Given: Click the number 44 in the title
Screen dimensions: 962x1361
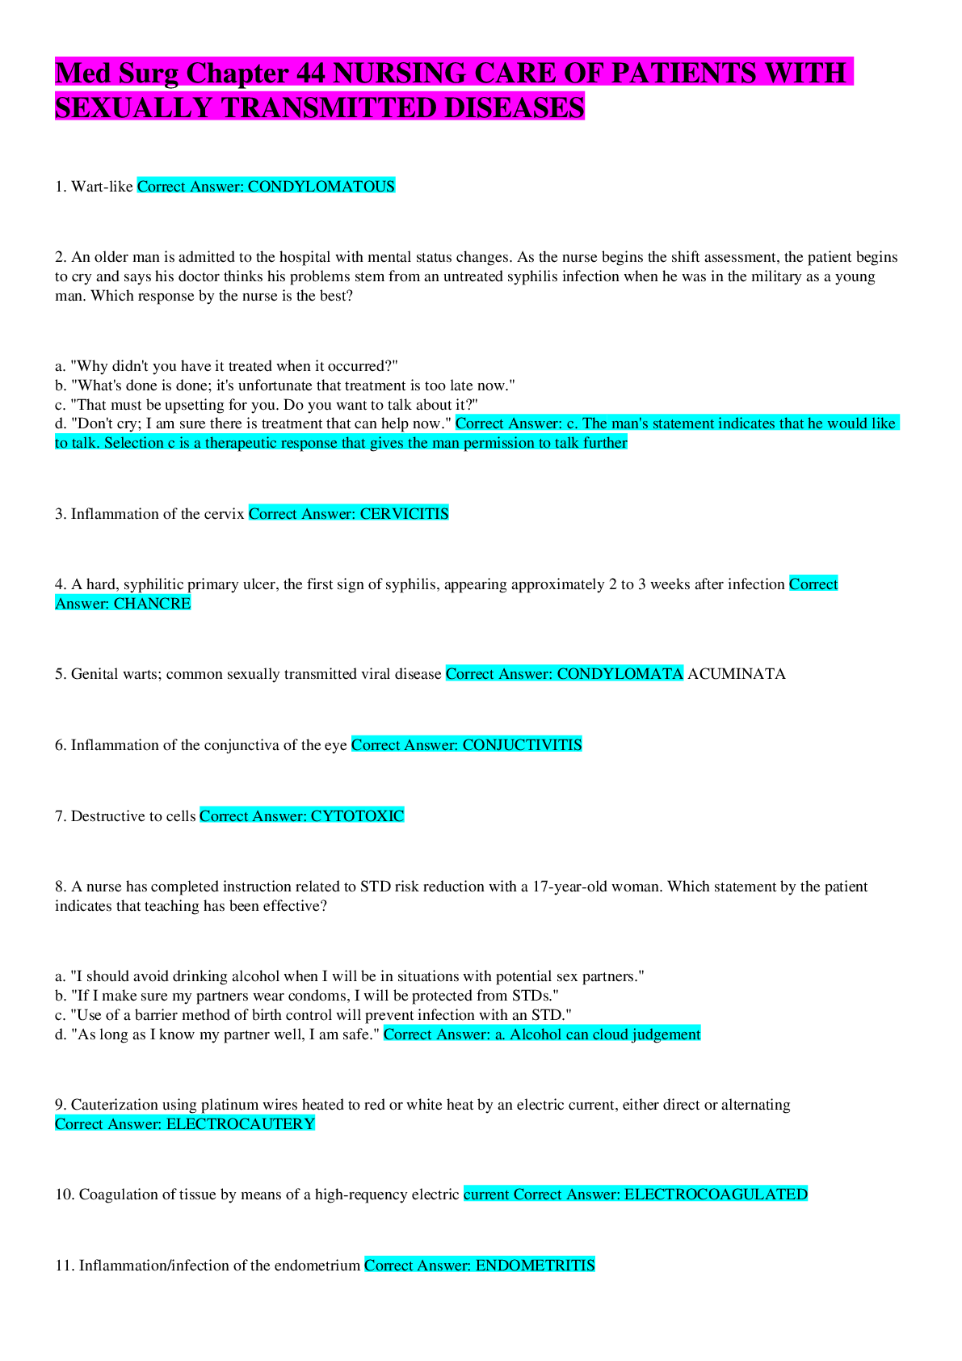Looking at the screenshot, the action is (x=310, y=74).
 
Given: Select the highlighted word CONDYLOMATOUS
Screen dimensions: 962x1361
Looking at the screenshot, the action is (x=321, y=187).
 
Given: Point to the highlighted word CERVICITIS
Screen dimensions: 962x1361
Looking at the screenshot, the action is (x=404, y=514).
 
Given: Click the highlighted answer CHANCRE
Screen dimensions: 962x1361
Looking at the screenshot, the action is (x=153, y=604).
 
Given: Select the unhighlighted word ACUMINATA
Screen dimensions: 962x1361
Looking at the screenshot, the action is (x=736, y=674).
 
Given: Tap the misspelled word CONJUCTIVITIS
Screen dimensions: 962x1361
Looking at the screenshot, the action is (x=523, y=745).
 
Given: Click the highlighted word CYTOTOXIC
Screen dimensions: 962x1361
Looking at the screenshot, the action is (x=357, y=816).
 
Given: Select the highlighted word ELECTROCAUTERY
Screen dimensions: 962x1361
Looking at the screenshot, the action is (x=241, y=1124).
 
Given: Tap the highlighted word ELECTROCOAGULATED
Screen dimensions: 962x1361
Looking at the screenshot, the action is (x=716, y=1195).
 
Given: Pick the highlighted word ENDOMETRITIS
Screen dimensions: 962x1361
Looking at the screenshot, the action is (x=535, y=1266).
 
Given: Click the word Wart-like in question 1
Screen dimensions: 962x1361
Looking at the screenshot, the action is (x=102, y=187).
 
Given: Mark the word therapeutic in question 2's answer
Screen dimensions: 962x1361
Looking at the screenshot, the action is (x=244, y=444).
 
